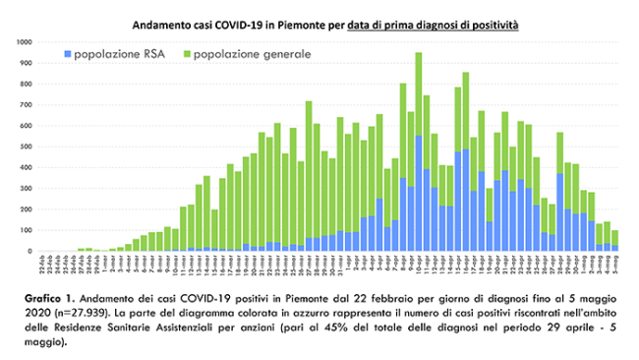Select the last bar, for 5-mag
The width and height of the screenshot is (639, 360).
pos(614,240)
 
